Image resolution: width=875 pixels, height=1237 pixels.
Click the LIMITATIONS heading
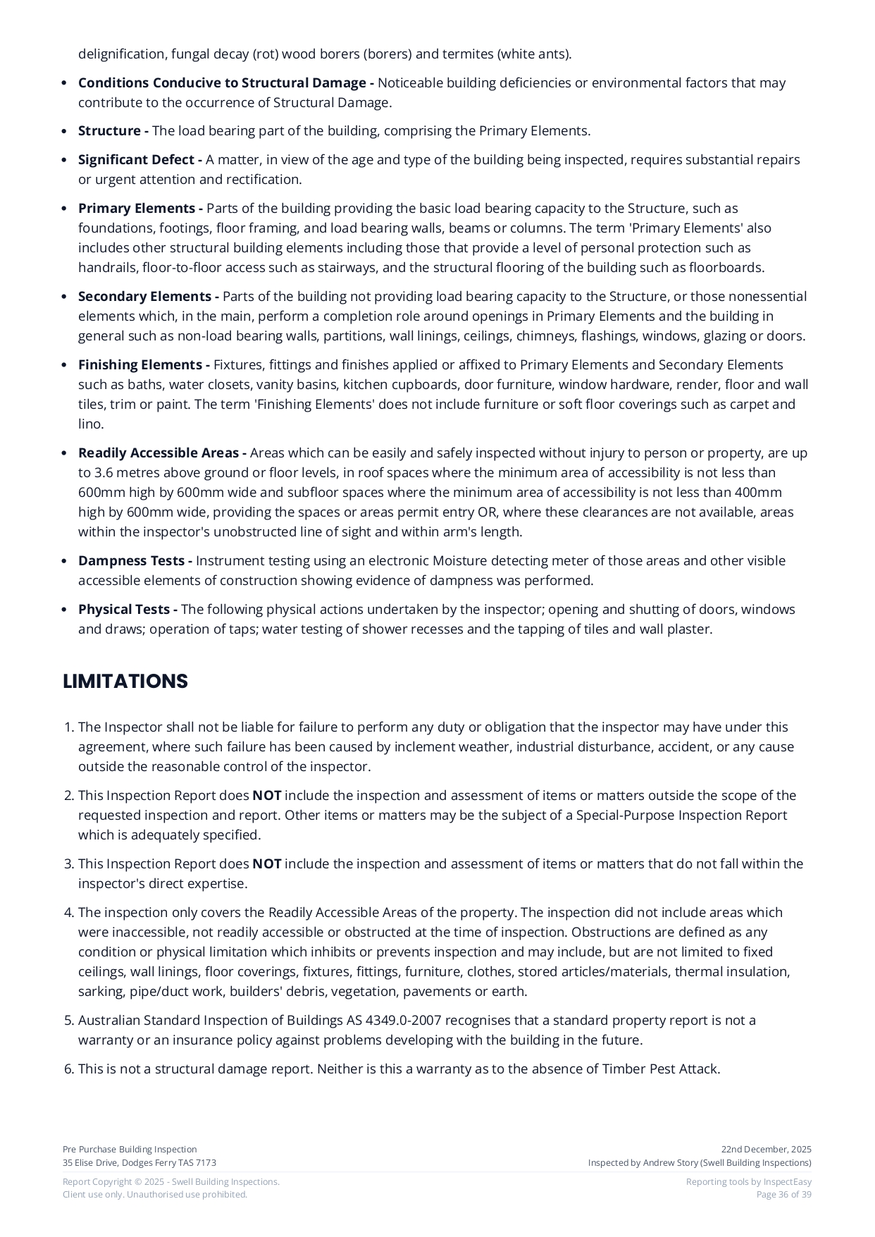point(125,682)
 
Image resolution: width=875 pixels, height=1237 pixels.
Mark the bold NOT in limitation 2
point(267,796)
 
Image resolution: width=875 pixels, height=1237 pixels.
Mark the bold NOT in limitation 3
point(267,864)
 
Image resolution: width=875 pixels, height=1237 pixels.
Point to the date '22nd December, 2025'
point(766,1150)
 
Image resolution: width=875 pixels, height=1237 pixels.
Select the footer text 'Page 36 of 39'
point(783,1195)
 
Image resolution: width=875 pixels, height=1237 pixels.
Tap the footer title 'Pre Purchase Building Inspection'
point(130,1150)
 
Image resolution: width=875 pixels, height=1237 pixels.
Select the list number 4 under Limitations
point(68,913)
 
